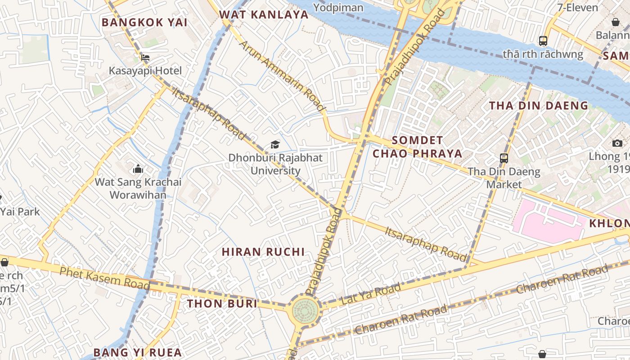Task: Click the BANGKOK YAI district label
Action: point(144,22)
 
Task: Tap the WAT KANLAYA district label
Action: point(264,14)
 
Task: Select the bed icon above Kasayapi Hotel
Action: point(145,58)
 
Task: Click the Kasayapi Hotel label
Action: point(145,71)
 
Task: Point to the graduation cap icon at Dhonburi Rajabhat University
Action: point(275,144)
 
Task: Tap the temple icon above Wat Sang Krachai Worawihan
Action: point(138,169)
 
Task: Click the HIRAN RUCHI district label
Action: point(263,252)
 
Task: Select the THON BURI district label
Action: point(222,303)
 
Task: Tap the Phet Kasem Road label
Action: point(104,277)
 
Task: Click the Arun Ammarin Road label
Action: point(281,76)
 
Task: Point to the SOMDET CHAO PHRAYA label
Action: point(417,147)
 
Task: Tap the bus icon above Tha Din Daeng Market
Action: point(504,158)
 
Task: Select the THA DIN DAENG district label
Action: point(539,106)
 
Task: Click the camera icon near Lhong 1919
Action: point(617,143)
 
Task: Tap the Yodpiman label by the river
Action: point(338,7)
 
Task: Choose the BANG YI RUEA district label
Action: point(137,352)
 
